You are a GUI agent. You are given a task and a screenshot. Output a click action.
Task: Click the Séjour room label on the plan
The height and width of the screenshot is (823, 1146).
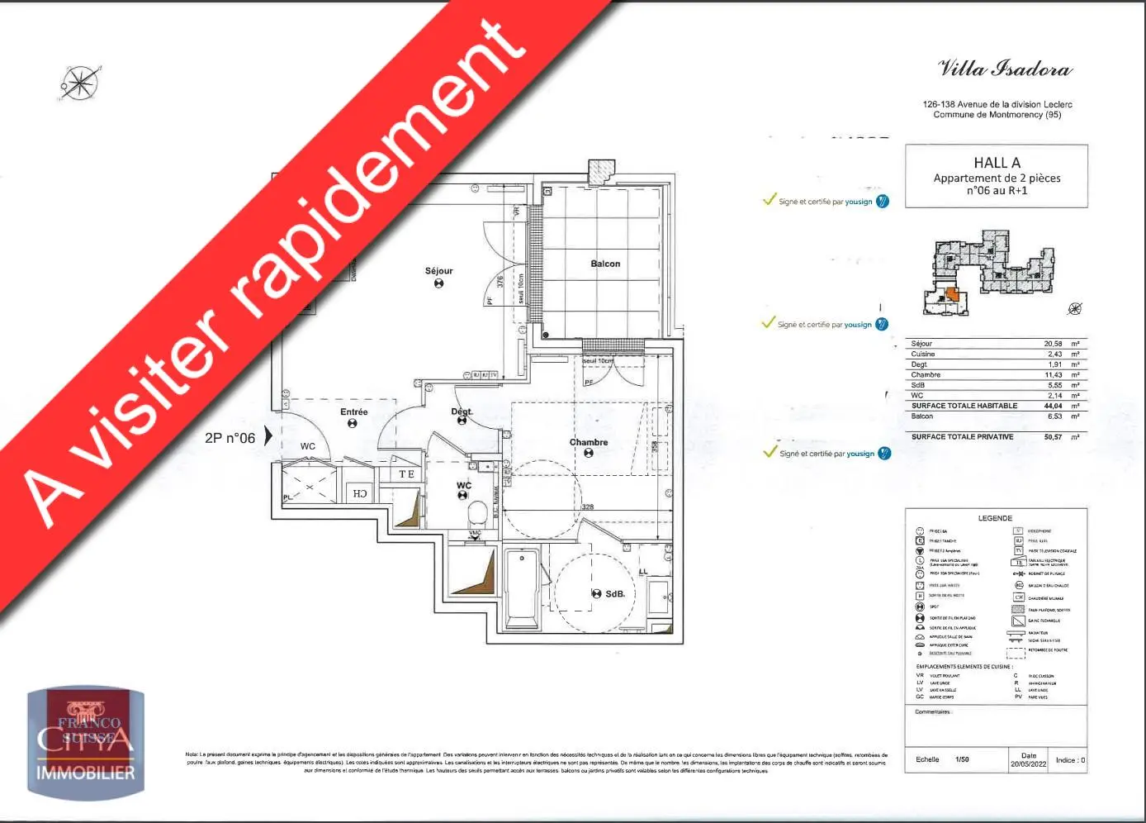(x=438, y=271)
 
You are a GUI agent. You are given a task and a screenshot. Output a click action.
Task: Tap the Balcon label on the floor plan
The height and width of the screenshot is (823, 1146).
(x=605, y=264)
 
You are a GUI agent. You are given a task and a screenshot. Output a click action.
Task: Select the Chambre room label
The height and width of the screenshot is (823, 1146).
(x=589, y=442)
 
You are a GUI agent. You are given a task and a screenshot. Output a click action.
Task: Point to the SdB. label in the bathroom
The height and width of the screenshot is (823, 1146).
(x=615, y=594)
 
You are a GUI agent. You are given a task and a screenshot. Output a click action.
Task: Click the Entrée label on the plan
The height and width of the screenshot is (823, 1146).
(x=353, y=411)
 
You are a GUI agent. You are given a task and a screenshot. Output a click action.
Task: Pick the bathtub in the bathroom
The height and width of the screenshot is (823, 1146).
(x=522, y=587)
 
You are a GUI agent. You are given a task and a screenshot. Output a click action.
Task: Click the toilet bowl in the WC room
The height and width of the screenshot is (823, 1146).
(x=477, y=516)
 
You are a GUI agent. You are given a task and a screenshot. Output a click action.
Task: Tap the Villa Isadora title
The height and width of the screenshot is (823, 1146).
(x=1005, y=69)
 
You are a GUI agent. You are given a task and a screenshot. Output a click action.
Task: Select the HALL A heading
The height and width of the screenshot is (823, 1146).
(x=997, y=163)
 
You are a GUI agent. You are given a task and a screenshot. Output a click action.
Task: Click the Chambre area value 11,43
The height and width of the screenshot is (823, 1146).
(x=1053, y=375)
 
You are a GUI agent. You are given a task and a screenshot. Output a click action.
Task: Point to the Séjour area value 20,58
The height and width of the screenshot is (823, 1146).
(x=1053, y=344)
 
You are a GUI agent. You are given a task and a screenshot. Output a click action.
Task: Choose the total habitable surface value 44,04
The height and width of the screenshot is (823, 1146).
(x=1053, y=406)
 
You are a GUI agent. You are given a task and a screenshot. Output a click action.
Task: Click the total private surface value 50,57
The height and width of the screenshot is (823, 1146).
(x=1053, y=437)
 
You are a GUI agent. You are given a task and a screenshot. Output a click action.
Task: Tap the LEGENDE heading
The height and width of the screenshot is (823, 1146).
(x=995, y=518)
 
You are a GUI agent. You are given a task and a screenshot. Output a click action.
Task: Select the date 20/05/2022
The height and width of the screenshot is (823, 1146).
(x=1028, y=764)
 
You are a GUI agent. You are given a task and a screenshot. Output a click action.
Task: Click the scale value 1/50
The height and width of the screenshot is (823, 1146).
(x=962, y=759)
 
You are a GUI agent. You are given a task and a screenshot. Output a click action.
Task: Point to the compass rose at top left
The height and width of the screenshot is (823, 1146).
(x=79, y=83)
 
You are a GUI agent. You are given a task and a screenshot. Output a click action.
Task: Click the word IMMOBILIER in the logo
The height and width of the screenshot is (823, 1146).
(x=85, y=773)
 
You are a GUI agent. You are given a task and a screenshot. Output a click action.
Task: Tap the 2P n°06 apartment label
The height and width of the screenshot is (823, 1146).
(x=230, y=438)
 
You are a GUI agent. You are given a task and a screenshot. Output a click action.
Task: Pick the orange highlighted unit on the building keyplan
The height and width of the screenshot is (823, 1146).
(x=951, y=293)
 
